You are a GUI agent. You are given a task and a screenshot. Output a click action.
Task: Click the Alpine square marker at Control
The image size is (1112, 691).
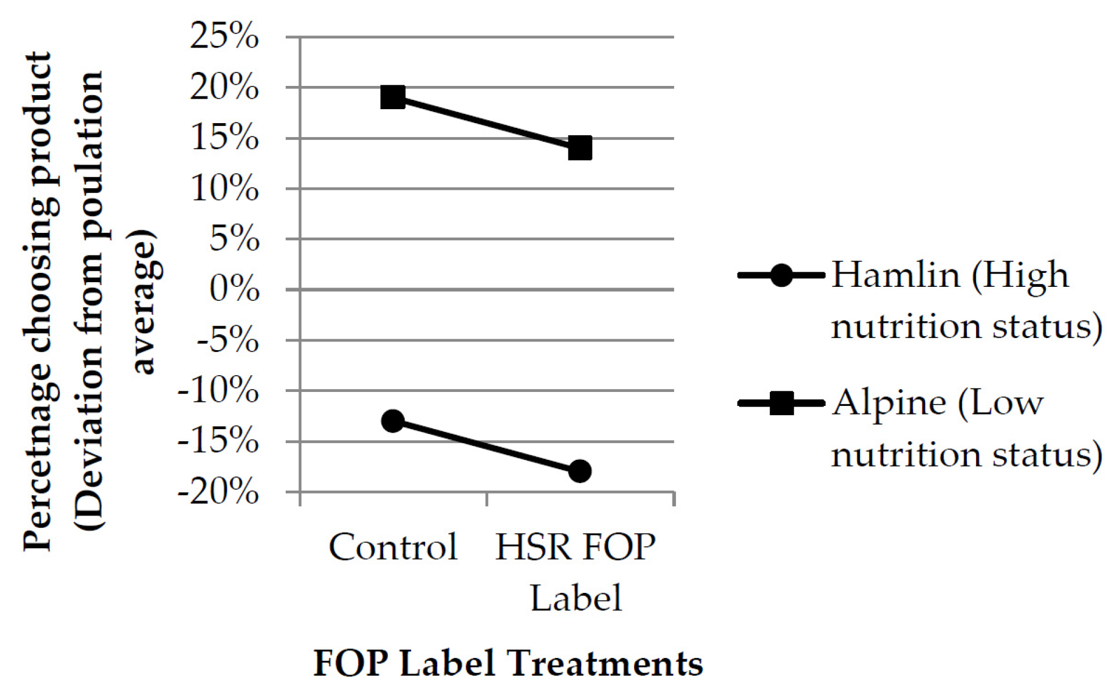393,97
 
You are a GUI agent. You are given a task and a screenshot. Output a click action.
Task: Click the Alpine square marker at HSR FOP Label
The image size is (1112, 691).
580,148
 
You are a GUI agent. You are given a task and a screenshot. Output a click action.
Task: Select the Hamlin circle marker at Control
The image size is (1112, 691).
393,420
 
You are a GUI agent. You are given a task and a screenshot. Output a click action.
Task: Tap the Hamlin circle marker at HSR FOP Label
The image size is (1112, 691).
580,471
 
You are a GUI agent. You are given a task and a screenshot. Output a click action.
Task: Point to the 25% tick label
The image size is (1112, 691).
224,37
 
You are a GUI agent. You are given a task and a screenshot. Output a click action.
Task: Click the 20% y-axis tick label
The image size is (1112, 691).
224,88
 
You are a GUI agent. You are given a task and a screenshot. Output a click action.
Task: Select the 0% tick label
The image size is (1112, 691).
234,289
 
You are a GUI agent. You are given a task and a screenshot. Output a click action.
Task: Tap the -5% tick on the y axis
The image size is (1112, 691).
228,340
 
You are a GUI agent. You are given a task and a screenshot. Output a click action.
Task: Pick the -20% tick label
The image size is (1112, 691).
218,492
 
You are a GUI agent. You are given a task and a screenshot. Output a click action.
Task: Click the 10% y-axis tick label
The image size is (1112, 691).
224,189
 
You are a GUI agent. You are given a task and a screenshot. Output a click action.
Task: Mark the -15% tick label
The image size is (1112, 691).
218,442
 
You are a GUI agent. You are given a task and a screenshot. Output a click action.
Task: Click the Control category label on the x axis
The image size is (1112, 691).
393,547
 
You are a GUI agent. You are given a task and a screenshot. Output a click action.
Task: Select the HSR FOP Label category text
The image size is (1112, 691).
575,572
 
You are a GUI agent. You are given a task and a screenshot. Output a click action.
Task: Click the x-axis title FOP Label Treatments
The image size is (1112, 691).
508,663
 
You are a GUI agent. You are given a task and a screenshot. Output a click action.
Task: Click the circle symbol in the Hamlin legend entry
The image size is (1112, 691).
781,275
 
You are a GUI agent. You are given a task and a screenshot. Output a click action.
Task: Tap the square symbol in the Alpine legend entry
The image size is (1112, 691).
781,403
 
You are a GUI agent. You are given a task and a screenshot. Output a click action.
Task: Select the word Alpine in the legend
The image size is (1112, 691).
889,403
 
